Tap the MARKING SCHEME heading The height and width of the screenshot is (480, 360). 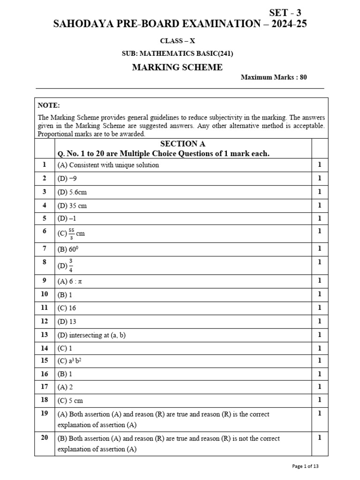(x=177, y=67)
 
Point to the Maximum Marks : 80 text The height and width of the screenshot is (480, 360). (x=274, y=77)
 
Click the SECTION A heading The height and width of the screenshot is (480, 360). (x=182, y=144)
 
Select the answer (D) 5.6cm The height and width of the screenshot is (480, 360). (x=72, y=192)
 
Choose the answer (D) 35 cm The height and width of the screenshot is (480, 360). (x=72, y=205)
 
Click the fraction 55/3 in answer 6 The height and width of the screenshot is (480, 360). (x=71, y=233)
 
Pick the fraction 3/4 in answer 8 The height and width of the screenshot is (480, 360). (x=71, y=265)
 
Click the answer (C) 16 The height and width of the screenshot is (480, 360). (x=67, y=308)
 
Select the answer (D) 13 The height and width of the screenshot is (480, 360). (x=67, y=322)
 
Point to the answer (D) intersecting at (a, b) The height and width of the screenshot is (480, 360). (x=91, y=335)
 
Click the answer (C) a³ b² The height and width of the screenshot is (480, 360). (x=68, y=360)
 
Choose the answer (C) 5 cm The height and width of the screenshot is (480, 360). (x=70, y=401)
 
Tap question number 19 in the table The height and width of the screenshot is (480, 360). (x=45, y=413)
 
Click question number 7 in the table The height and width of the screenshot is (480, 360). (x=45, y=248)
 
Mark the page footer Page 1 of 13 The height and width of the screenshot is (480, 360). (x=305, y=466)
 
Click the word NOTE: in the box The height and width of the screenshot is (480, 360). (x=49, y=106)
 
